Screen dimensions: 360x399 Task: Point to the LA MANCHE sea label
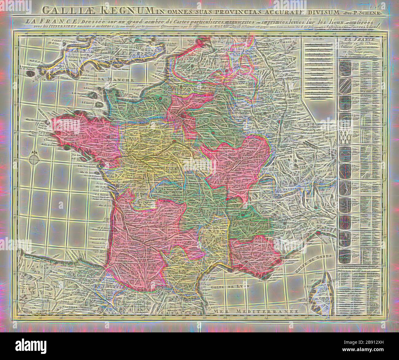pyautogui.click(x=116, y=79)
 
